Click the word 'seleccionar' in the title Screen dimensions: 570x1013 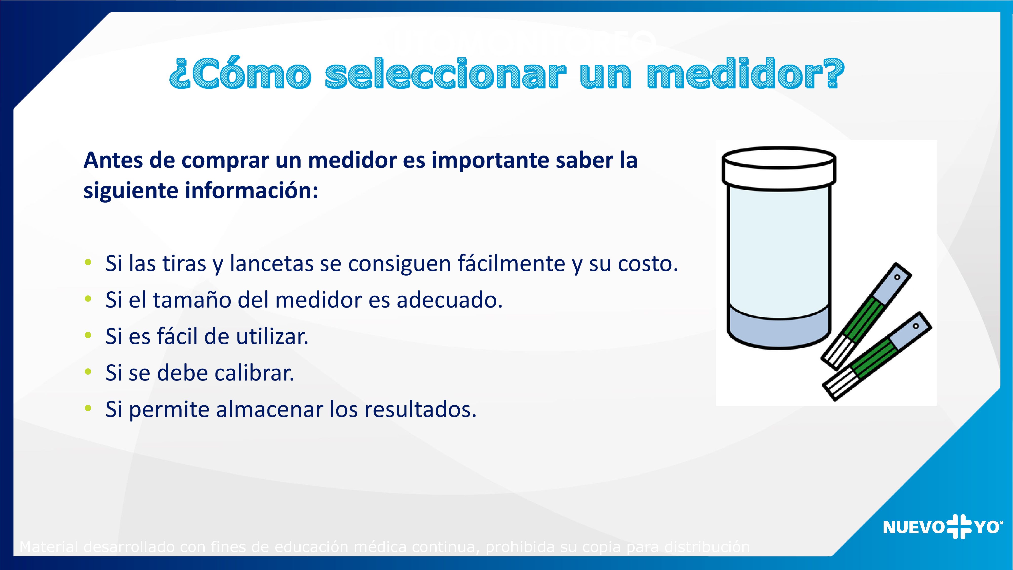pyautogui.click(x=445, y=74)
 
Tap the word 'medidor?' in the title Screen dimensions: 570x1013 pyautogui.click(x=745, y=74)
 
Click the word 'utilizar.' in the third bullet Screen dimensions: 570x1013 pyautogui.click(x=272, y=337)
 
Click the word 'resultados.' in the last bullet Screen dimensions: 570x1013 pyautogui.click(x=420, y=409)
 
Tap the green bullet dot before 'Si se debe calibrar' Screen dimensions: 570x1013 pyautogui.click(x=88, y=372)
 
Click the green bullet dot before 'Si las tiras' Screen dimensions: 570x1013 pyautogui.click(x=88, y=262)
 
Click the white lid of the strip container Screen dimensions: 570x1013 pyautogui.click(x=779, y=169)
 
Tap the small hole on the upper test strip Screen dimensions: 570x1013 pyautogui.click(x=897, y=277)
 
